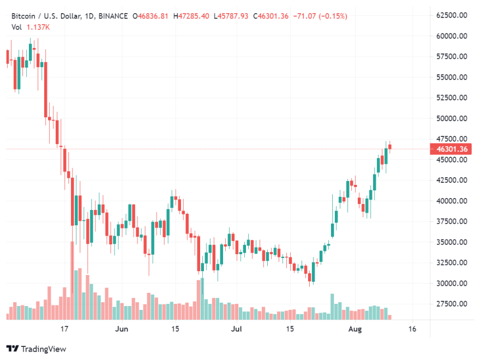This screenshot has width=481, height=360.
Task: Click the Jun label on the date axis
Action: pos(122,329)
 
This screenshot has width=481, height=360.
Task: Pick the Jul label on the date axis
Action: pos(236,329)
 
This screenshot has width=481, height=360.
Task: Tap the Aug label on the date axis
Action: pos(354,329)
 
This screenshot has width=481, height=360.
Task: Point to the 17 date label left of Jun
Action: pos(64,329)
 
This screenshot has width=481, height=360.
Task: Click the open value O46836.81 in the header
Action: pos(151,16)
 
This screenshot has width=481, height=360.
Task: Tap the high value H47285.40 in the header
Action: pos(191,16)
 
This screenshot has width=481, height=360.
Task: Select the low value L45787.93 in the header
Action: pos(231,16)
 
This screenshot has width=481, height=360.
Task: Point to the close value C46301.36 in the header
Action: pos(270,16)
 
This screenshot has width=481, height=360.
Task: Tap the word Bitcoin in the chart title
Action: pos(23,16)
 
